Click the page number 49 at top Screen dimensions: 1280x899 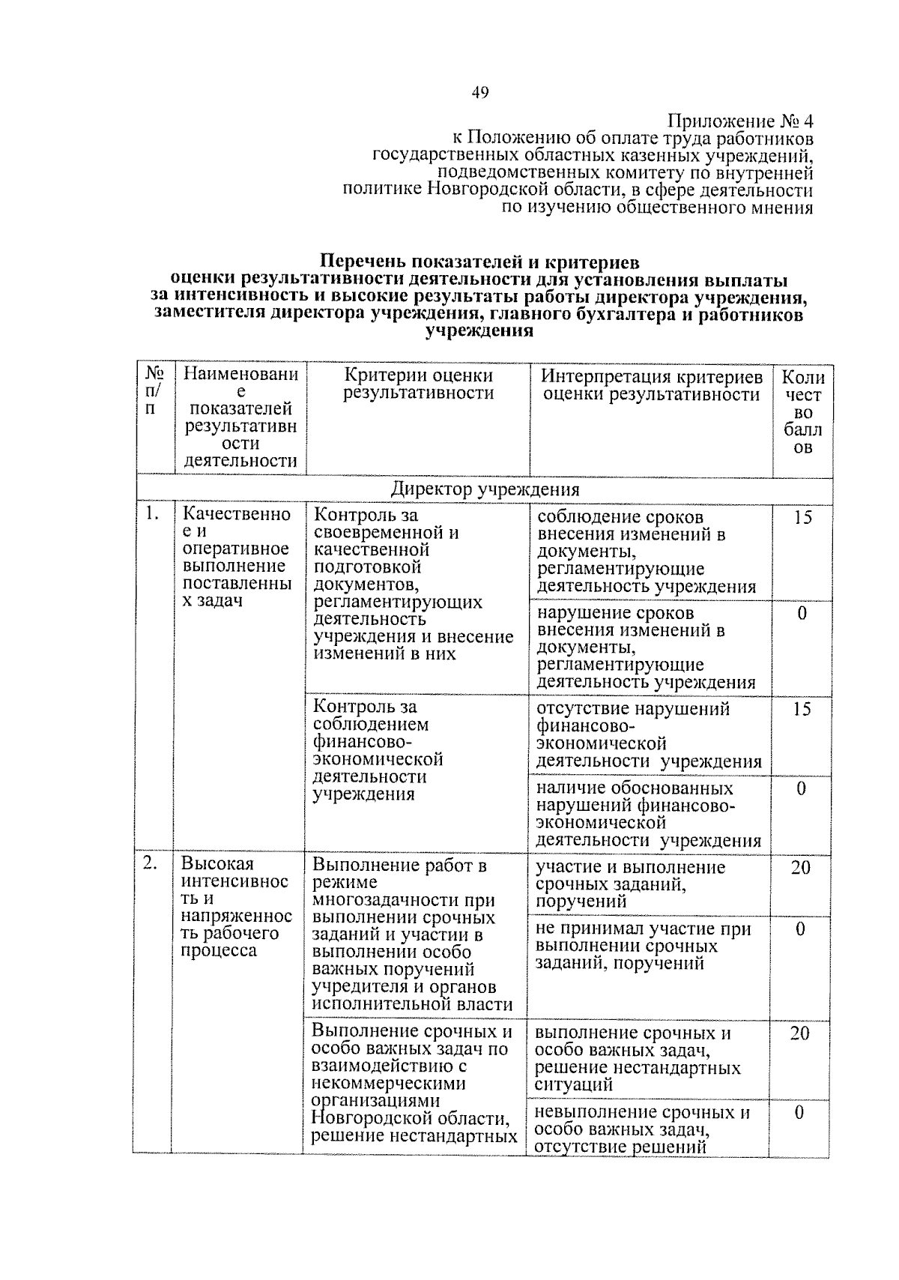point(480,93)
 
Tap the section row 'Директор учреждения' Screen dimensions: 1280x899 point(485,490)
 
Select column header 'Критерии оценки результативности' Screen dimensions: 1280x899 point(418,385)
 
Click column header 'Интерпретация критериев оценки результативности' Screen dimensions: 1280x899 point(651,385)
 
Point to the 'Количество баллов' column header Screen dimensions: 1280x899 point(802,412)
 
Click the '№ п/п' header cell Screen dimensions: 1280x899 point(155,390)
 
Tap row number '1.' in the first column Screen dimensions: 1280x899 point(153,514)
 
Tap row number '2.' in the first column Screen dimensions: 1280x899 point(151,863)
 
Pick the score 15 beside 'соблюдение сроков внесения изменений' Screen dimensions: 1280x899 point(802,517)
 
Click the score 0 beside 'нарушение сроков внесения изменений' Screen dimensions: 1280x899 point(802,613)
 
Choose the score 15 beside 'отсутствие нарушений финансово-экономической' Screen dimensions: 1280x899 point(802,709)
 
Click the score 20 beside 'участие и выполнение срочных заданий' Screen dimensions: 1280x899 point(800,868)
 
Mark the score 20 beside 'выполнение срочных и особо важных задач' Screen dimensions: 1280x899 point(799,1033)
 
